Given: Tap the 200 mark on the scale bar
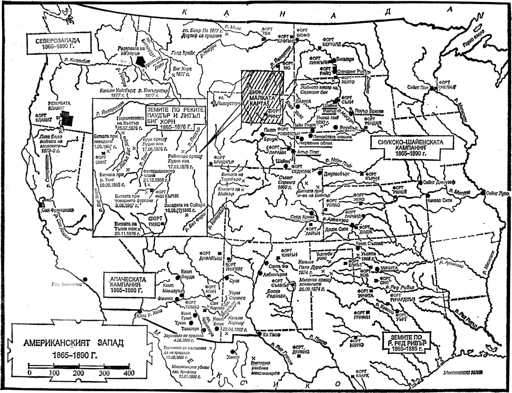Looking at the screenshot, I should tap(78, 373).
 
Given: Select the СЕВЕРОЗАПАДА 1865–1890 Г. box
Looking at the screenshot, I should tap(59, 43).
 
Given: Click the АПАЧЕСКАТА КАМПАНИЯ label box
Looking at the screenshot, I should tap(128, 284).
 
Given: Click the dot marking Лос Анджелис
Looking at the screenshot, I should tap(85, 279).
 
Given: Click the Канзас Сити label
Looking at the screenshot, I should tap(439, 201).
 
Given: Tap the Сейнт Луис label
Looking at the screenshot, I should tap(497, 194).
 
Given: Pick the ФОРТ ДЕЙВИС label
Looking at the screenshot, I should tap(300, 350).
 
